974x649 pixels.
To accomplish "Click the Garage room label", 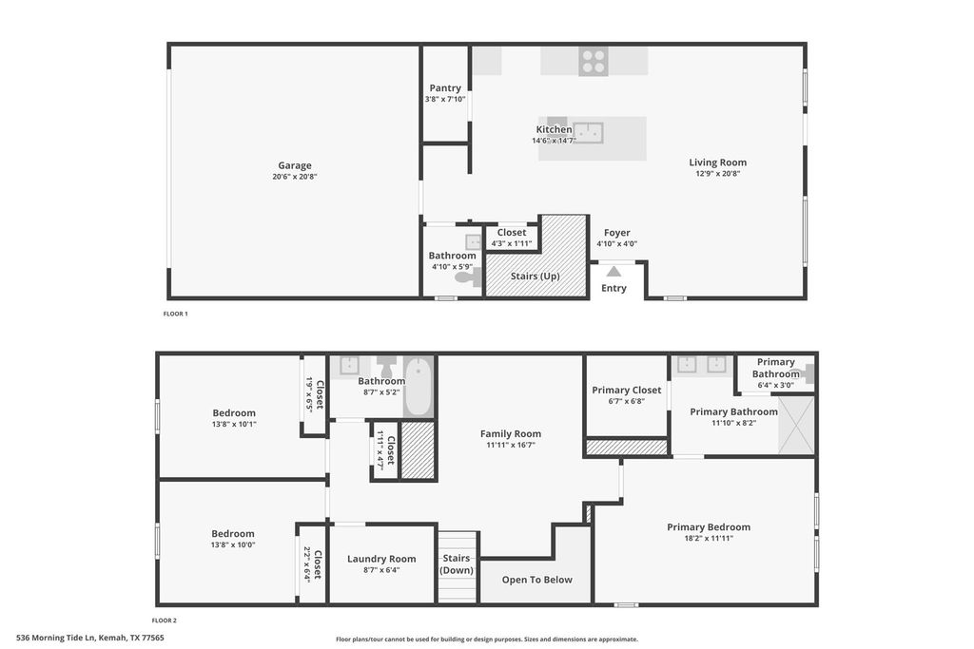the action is coord(295,165).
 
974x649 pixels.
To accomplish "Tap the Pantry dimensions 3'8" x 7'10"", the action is coord(445,99).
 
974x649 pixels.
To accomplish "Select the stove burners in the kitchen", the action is coord(594,62).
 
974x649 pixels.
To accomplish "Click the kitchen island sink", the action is coord(588,133).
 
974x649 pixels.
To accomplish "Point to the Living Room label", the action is coord(717,162).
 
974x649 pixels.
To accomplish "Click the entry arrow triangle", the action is coord(614,271).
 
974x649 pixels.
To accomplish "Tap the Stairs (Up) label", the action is coord(535,277).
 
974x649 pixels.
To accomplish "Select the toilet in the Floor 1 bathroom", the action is coord(468,277).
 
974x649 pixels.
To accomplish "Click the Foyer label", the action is coord(616,233).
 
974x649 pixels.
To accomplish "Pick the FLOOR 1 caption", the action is coord(175,314).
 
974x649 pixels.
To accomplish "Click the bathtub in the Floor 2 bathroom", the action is coord(419,387).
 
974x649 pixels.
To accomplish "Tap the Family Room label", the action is coord(511,433).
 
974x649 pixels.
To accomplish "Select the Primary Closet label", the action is coord(626,391).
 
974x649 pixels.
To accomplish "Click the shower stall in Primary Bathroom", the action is coord(796,425).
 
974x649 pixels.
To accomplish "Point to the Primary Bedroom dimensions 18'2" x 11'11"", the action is coord(709,539).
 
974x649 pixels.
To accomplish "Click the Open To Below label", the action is coord(537,581).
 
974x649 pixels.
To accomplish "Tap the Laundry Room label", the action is coord(381,559).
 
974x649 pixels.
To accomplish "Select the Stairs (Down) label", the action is coord(457,564).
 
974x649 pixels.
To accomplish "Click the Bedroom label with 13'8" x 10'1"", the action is coord(234,413).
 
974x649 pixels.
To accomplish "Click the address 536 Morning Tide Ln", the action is coord(55,638).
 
